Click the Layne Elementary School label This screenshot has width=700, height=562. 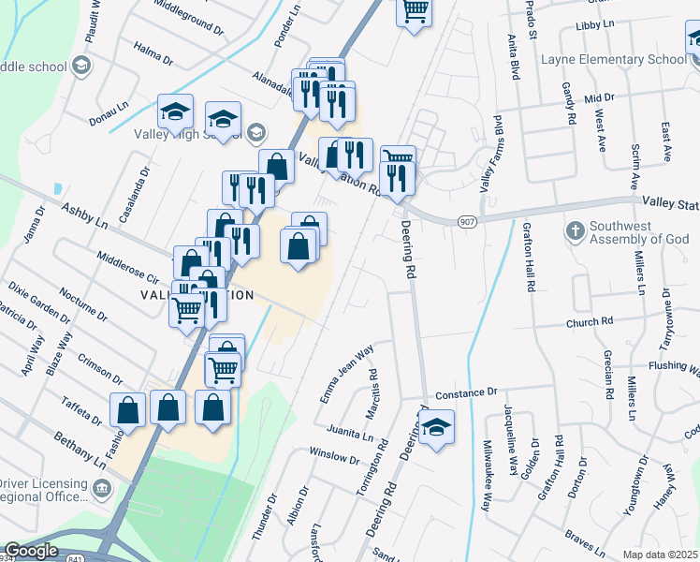[x=614, y=60]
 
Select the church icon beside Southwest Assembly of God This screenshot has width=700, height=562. [x=575, y=229]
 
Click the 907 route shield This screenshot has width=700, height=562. [x=467, y=220]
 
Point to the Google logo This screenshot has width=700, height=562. [x=31, y=551]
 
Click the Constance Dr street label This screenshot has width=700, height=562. [x=463, y=393]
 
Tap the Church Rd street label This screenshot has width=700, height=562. [x=589, y=322]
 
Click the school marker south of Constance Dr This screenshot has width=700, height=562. [x=436, y=429]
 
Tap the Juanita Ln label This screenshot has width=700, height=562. [x=350, y=434]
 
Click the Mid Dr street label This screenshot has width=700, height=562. [x=598, y=97]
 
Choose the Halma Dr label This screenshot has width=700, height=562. [x=153, y=52]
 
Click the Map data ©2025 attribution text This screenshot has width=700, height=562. [x=661, y=555]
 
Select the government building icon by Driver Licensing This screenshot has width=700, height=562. [x=101, y=487]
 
